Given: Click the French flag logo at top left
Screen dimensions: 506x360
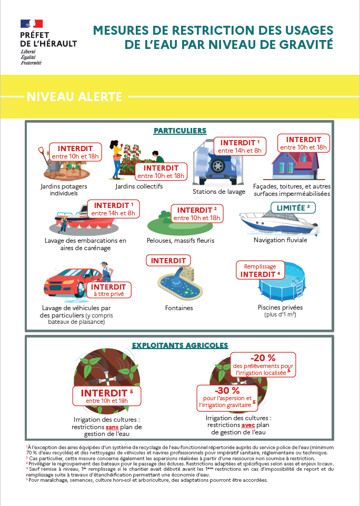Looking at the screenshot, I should click(x=32, y=24).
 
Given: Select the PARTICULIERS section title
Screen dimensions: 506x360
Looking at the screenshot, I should click(x=179, y=131).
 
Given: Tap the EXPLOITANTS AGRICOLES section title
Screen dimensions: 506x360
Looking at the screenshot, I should click(x=179, y=345).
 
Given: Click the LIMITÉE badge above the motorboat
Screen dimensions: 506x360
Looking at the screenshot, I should click(x=293, y=207).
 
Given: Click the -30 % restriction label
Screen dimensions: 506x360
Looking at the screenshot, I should click(x=227, y=398).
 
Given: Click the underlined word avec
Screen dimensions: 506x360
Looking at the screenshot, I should click(x=248, y=425).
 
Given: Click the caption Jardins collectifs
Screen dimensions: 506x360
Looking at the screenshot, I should click(x=139, y=186).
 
